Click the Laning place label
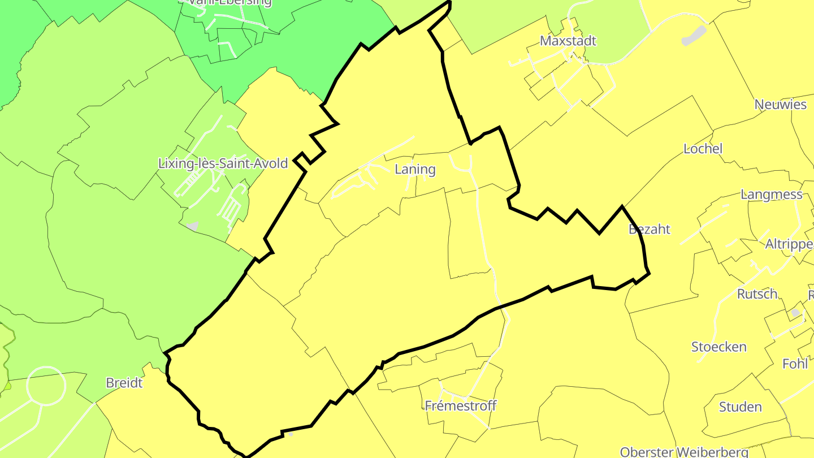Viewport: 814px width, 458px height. coord(415,169)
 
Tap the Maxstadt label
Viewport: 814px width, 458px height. coord(568,41)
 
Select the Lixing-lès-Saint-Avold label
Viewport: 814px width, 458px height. coord(223,163)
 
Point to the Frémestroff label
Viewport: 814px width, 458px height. coord(460,405)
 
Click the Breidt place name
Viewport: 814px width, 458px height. coord(124,383)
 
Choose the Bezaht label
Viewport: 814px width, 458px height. coord(650,229)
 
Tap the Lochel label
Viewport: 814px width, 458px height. coord(703,149)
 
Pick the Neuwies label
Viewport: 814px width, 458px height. coord(780,105)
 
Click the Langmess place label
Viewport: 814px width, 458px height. coord(771,195)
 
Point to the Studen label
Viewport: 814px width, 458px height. coord(740,407)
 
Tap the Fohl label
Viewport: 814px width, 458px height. coord(795,364)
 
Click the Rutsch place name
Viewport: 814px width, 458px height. coord(757,294)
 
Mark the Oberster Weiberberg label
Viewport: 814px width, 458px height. coord(684,452)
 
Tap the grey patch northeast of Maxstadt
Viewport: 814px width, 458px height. coord(694,36)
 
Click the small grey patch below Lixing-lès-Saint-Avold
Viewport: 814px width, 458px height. coord(192,226)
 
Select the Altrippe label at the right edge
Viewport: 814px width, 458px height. coord(789,244)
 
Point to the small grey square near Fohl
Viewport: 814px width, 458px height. coord(796,313)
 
